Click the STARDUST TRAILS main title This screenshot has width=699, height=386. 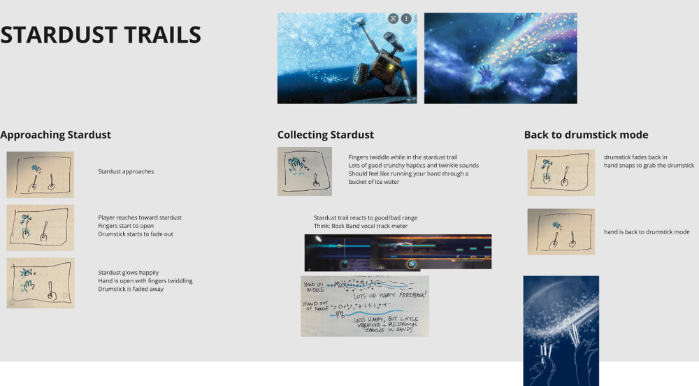pyautogui.click(x=101, y=35)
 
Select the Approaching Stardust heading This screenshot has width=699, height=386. pyautogui.click(x=55, y=135)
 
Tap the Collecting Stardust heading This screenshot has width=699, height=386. pyautogui.click(x=326, y=135)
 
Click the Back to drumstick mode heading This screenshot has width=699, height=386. pyautogui.click(x=586, y=135)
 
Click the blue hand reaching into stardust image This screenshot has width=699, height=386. pyautogui.click(x=500, y=58)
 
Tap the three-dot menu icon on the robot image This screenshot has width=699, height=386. pyautogui.click(x=406, y=18)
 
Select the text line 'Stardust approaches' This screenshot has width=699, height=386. pyautogui.click(x=126, y=171)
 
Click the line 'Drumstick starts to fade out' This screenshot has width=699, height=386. pyautogui.click(x=136, y=234)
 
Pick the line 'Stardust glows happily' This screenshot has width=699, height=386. pyautogui.click(x=129, y=273)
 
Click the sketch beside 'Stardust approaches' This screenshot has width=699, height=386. pyautogui.click(x=40, y=174)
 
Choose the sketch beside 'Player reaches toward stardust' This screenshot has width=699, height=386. pyautogui.click(x=40, y=227)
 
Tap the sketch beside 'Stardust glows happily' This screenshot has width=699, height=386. pyautogui.click(x=40, y=283)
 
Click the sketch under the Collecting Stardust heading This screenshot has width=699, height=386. pyautogui.click(x=304, y=171)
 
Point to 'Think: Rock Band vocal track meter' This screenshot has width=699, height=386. pyautogui.click(x=361, y=226)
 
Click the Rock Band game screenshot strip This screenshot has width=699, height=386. pyautogui.click(x=398, y=252)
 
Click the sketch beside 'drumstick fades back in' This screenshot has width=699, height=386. pyautogui.click(x=561, y=172)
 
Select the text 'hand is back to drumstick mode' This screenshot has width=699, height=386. pyautogui.click(x=647, y=231)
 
